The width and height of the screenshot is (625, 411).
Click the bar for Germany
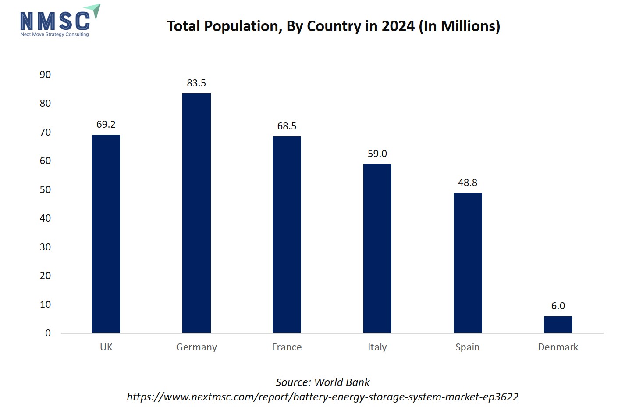pos(196,213)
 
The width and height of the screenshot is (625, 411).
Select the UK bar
pos(106,234)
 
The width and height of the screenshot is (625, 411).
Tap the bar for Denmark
pos(558,325)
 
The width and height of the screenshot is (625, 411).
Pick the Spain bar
pos(468,263)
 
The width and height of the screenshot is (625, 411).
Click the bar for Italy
pos(377,248)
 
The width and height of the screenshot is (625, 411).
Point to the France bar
pos(287,235)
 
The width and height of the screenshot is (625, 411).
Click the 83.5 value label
pos(196,83)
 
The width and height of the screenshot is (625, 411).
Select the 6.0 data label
pos(558,306)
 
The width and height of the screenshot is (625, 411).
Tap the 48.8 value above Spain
pos(468,182)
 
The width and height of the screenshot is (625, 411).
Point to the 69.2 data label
pos(106,124)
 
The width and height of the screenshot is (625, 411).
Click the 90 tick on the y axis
pos(45,75)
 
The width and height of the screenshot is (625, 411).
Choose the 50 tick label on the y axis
pos(45,189)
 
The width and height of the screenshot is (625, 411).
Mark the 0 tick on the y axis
pos(48,333)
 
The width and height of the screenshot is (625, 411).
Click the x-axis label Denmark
pos(558,347)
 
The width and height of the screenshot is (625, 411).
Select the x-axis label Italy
pos(377,347)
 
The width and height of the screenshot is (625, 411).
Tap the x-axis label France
pos(287,347)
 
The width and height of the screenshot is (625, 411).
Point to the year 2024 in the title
pos(398,26)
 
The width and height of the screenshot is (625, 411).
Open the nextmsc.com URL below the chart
pos(323,397)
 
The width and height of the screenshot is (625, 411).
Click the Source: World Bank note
pos(323,382)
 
